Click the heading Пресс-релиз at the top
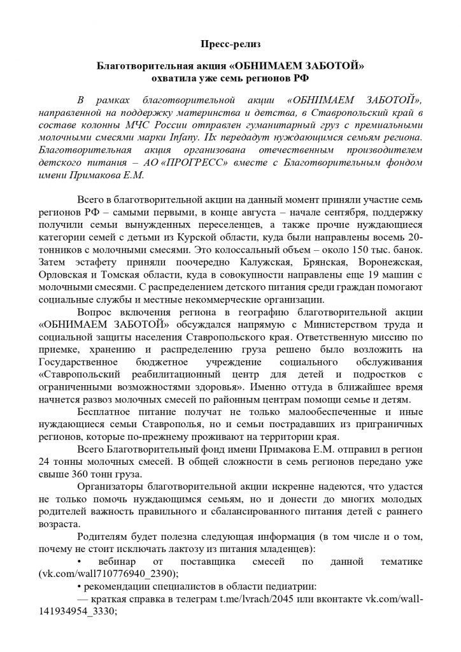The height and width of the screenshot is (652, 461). coord(230,46)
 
